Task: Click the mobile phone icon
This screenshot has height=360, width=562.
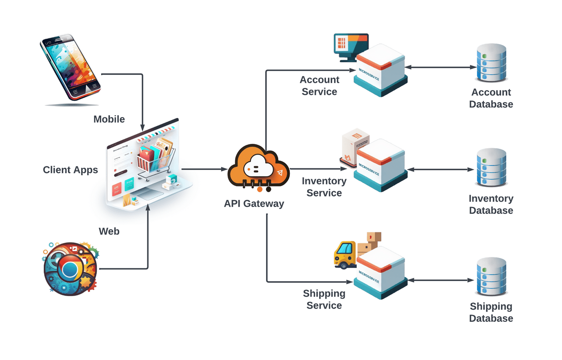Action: (x=71, y=67)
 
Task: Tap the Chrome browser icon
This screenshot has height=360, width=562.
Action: (x=70, y=268)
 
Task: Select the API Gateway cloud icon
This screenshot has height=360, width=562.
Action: (x=258, y=168)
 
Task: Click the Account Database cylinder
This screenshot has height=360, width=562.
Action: (x=491, y=63)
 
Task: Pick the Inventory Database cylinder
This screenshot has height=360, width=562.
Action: (x=491, y=168)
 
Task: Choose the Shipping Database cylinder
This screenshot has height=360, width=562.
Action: (x=491, y=277)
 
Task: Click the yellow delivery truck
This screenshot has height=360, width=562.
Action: (x=345, y=255)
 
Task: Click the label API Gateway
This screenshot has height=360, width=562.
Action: (x=254, y=204)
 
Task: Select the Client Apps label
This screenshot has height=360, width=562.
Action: (x=70, y=170)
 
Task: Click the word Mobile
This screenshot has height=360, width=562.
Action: (x=109, y=119)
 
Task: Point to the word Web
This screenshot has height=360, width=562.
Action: (x=109, y=231)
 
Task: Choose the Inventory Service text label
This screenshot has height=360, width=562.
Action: (x=324, y=187)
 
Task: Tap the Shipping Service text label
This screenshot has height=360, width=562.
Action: (x=324, y=299)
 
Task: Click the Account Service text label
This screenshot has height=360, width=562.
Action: (x=320, y=86)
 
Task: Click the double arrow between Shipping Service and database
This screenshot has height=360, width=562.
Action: (x=441, y=280)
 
